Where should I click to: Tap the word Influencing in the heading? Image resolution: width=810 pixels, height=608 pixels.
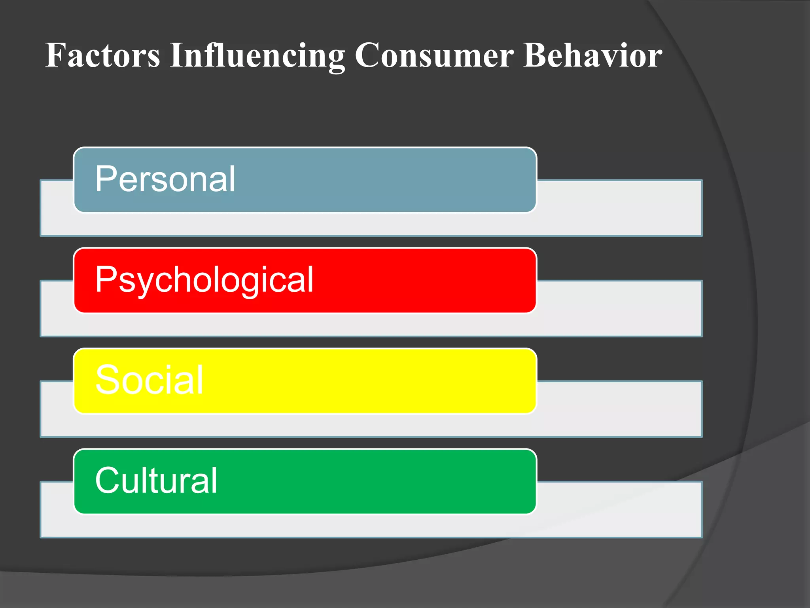click(x=257, y=55)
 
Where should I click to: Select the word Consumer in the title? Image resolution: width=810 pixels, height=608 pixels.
click(x=434, y=55)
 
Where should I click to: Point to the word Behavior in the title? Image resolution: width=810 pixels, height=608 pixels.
click(x=592, y=55)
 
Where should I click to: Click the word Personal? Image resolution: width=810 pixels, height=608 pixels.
click(x=165, y=179)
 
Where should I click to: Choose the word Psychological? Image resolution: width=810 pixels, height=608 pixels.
click(x=204, y=280)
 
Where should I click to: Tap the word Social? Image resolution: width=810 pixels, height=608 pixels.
click(x=150, y=380)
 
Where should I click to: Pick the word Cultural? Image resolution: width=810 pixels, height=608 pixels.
click(x=156, y=480)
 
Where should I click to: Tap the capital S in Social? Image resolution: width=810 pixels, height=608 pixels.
click(x=106, y=380)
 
